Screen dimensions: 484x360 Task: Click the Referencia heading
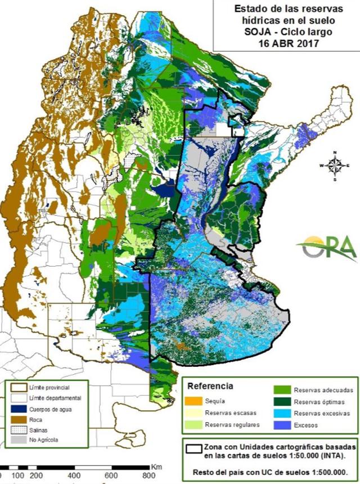point(210,386)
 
